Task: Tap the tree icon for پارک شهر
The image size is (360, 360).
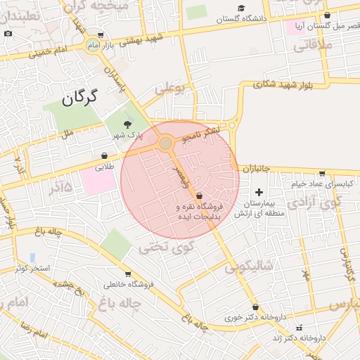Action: coord(127,124)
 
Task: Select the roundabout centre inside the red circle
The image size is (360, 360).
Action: coord(166,143)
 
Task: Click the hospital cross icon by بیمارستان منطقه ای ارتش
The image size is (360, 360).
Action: coord(258,192)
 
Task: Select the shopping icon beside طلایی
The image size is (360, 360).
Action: coord(105,155)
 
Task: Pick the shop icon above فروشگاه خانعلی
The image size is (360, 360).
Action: coord(127,274)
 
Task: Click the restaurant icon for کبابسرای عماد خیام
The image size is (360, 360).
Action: coord(322,173)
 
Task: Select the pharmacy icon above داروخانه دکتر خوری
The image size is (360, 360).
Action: coord(255,307)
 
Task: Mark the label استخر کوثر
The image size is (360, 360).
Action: coord(31,268)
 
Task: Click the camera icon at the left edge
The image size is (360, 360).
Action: coord(7,33)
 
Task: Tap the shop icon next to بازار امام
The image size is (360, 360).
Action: coord(101,35)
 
